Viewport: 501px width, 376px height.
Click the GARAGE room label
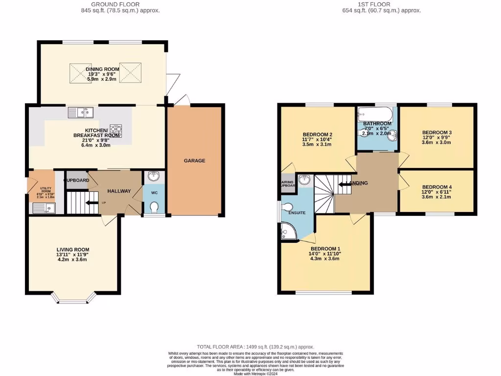point(195,161)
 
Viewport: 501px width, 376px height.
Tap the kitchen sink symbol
point(81,113)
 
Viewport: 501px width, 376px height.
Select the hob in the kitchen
point(116,130)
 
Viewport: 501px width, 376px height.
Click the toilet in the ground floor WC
point(155,209)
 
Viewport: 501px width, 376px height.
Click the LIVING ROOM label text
point(72,249)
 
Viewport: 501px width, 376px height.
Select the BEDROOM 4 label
point(436,187)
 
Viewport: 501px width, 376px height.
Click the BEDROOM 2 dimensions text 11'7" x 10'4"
point(318,140)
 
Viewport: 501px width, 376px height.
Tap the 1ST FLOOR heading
point(382,4)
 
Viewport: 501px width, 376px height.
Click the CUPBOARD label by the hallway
point(77,180)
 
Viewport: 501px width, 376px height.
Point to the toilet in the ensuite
point(288,207)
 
